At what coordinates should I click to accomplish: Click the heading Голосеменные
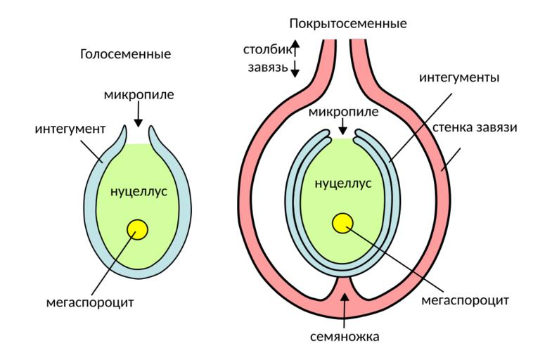coord(126,54)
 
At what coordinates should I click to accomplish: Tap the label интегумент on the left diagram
coord(70,129)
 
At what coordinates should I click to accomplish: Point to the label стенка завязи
coord(475,129)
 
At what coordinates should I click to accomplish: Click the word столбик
coord(265,51)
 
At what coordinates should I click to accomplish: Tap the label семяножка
coord(345,336)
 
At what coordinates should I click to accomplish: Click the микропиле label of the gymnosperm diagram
coord(138,94)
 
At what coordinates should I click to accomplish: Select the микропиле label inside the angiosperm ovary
coord(343,112)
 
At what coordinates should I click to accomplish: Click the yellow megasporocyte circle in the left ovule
coord(137,229)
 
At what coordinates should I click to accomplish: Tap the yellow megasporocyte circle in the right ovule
coord(342,223)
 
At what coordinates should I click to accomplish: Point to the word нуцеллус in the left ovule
coord(139,191)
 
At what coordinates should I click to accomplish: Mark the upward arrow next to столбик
coord(295,48)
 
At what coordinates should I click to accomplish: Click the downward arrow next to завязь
coord(295,69)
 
